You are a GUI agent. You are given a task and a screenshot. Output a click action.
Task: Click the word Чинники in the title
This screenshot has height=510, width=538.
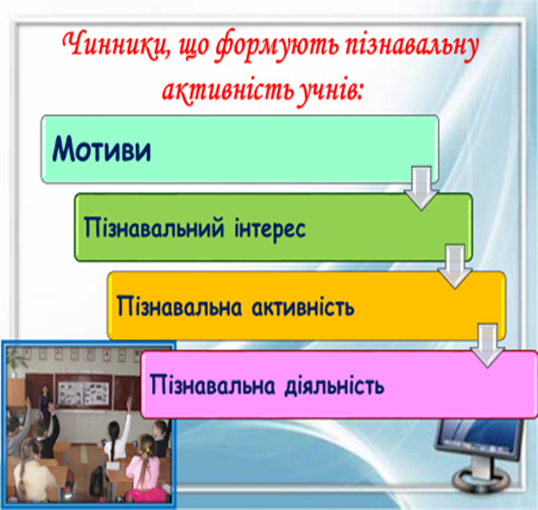pyautogui.click(x=114, y=45)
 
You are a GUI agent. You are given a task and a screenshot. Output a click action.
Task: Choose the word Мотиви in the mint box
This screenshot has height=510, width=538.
pyautogui.click(x=102, y=148)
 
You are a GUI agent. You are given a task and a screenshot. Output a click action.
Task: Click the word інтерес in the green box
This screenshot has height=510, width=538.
pyautogui.click(x=270, y=228)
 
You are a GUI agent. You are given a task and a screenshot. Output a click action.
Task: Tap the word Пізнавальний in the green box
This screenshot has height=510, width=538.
pyautogui.click(x=154, y=228)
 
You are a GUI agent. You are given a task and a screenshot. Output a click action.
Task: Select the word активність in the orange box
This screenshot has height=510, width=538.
pyautogui.click(x=303, y=307)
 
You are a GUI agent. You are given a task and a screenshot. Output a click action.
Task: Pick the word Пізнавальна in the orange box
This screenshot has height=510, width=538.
pyautogui.click(x=179, y=307)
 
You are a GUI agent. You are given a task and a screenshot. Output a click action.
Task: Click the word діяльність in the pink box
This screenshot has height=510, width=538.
pyautogui.click(x=334, y=386)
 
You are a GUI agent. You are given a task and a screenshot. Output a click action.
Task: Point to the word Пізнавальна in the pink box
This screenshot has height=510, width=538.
pyautogui.click(x=212, y=385)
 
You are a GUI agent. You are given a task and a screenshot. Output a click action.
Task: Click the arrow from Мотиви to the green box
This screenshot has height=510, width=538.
pyautogui.click(x=421, y=188)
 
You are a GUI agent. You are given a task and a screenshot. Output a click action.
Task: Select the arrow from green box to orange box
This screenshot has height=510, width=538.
pyautogui.click(x=455, y=266)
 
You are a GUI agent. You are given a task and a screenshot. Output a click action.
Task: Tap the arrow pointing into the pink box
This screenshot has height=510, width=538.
pyautogui.click(x=488, y=345)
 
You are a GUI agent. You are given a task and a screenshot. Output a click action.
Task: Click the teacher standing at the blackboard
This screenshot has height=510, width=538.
pyautogui.click(x=43, y=402)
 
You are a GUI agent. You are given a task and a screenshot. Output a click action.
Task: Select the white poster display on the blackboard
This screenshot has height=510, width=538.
pyautogui.click(x=83, y=393)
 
